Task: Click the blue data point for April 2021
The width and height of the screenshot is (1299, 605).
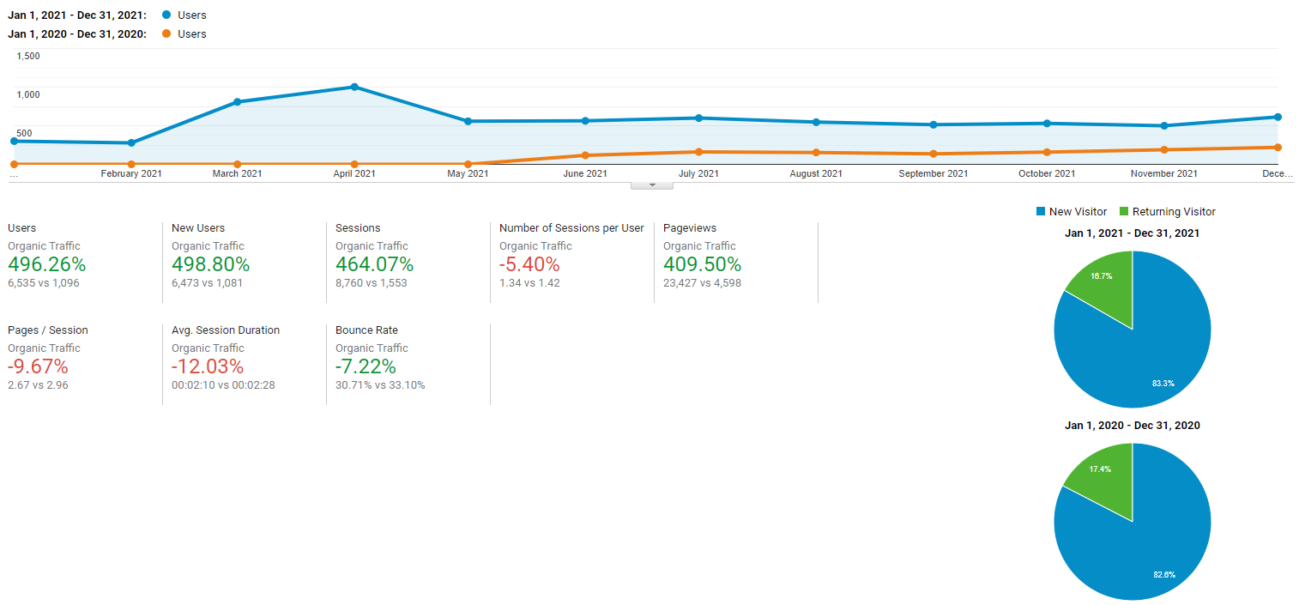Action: tap(354, 87)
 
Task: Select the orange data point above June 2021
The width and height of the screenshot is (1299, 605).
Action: tap(585, 155)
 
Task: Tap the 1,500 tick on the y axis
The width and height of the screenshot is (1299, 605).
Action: tap(28, 57)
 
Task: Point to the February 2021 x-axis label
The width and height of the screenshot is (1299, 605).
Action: tap(131, 173)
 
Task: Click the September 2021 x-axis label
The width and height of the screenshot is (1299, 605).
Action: tap(933, 173)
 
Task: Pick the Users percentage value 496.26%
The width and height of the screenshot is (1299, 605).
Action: tap(47, 264)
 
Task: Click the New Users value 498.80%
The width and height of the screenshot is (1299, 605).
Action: tap(210, 264)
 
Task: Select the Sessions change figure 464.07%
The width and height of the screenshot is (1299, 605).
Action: tap(374, 264)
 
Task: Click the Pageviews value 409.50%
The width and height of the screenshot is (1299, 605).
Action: tap(702, 264)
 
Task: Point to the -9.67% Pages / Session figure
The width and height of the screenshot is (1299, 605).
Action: tap(38, 366)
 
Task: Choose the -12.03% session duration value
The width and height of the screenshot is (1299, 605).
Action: tap(206, 366)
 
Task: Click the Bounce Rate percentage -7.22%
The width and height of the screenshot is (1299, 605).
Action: tap(366, 366)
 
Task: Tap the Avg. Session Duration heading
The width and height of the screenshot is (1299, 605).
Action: tap(226, 330)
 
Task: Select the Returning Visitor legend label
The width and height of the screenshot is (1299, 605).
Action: tap(1174, 212)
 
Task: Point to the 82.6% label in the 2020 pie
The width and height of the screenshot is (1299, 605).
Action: tap(1163, 574)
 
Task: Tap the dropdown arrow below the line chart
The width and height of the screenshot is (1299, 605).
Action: tap(652, 185)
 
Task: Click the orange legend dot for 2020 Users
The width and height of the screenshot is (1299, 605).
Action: tap(166, 34)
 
